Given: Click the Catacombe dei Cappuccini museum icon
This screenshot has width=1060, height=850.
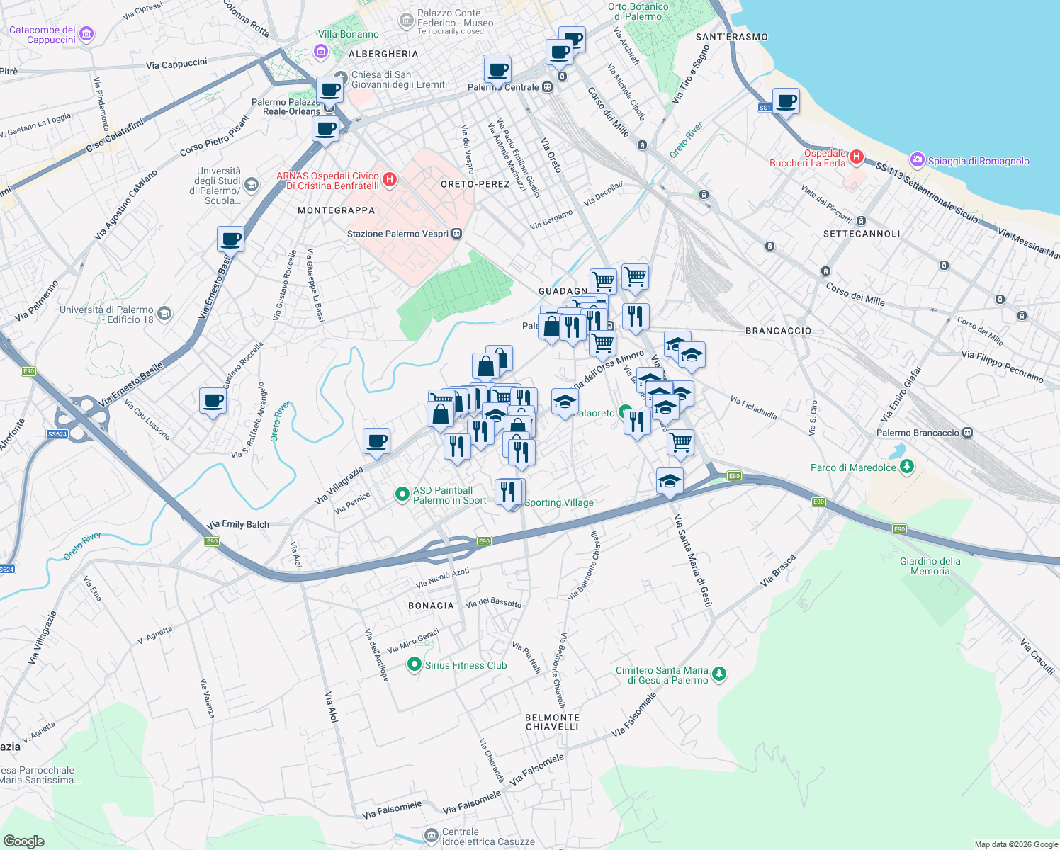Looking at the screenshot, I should (86, 34).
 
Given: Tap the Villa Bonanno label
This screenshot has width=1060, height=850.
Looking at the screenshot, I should (348, 34).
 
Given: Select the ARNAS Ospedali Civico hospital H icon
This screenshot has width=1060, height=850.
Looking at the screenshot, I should (389, 180).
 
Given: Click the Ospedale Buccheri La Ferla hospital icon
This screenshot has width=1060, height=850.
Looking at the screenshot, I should (856, 157).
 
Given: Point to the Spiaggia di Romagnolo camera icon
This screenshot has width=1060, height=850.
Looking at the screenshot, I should (918, 160).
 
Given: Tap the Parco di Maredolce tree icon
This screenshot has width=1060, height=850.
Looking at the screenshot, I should (906, 467).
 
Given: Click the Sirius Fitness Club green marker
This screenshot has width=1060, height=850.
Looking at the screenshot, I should (415, 664).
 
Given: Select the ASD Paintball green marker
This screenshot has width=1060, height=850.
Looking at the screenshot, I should (402, 494).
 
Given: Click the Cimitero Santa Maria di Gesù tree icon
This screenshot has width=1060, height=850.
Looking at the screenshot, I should (718, 674).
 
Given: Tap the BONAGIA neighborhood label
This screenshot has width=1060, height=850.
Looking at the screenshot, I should (431, 606).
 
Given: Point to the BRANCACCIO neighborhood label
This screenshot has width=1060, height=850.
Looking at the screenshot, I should (778, 331).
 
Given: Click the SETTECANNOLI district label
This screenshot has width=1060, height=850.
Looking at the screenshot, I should (862, 234).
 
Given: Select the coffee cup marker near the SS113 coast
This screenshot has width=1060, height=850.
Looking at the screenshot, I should (786, 101).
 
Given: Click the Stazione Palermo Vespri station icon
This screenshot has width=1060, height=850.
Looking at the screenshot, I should (457, 234).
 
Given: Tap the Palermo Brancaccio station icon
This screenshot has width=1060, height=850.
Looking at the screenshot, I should (967, 433).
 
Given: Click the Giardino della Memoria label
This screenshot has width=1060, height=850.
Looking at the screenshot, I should (930, 566).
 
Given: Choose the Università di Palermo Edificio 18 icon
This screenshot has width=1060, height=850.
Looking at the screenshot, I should (164, 314).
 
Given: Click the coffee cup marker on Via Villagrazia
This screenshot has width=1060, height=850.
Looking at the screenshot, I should (377, 441).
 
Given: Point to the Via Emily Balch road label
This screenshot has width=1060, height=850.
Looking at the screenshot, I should (238, 524).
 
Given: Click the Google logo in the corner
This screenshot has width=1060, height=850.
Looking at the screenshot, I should (24, 841).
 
